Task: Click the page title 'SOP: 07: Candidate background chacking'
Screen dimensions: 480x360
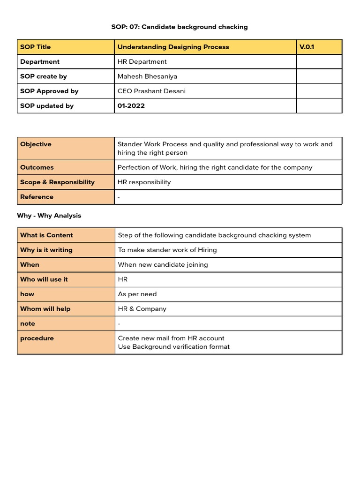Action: pyautogui.click(x=180, y=27)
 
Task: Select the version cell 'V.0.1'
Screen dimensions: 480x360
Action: pyautogui.click(x=307, y=47)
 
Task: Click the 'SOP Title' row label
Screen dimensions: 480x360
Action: pyautogui.click(x=36, y=47)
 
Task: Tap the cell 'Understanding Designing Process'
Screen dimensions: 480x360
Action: pyautogui.click(x=173, y=47)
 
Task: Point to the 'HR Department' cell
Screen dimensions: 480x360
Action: pyautogui.click(x=142, y=61)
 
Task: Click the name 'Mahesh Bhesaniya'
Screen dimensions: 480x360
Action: pyautogui.click(x=148, y=76)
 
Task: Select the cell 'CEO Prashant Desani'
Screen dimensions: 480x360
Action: pyautogui.click(x=152, y=91)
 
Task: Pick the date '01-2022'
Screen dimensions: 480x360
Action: pyautogui.click(x=131, y=106)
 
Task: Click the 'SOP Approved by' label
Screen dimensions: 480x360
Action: pyautogui.click(x=49, y=91)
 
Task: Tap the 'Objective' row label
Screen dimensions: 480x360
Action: pyautogui.click(x=36, y=144)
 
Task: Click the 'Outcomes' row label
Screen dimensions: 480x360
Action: pyautogui.click(x=37, y=167)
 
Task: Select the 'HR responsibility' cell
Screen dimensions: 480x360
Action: pyautogui.click(x=144, y=182)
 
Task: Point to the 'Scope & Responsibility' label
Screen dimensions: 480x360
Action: pyautogui.click(x=57, y=182)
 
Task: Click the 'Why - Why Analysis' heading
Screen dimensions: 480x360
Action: pyautogui.click(x=49, y=216)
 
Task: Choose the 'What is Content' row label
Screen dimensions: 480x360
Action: pyautogui.click(x=46, y=235)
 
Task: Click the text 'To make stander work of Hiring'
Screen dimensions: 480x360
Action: pyautogui.click(x=167, y=250)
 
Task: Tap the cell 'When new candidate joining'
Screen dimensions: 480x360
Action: pyautogui.click(x=163, y=264)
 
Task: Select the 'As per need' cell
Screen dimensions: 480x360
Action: pyautogui.click(x=137, y=294)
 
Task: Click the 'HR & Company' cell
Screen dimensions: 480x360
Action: pyautogui.click(x=142, y=309)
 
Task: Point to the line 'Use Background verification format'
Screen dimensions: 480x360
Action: pyautogui.click(x=174, y=347)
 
